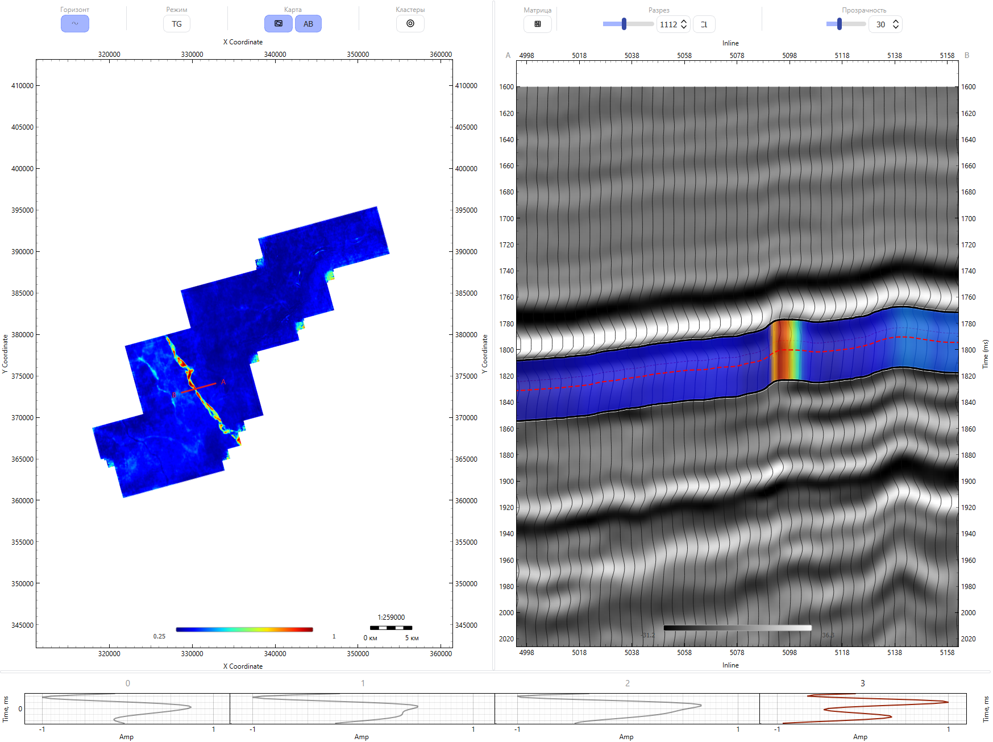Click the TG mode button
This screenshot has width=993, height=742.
click(x=177, y=24)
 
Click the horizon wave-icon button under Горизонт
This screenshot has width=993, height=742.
click(x=75, y=24)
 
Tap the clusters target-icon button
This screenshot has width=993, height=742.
click(x=410, y=24)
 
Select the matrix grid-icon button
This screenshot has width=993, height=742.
click(x=538, y=24)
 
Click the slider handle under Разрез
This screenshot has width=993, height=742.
click(x=624, y=24)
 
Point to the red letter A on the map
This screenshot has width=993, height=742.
click(x=223, y=382)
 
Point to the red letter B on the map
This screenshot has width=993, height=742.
click(x=174, y=395)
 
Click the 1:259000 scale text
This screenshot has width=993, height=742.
click(x=391, y=617)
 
